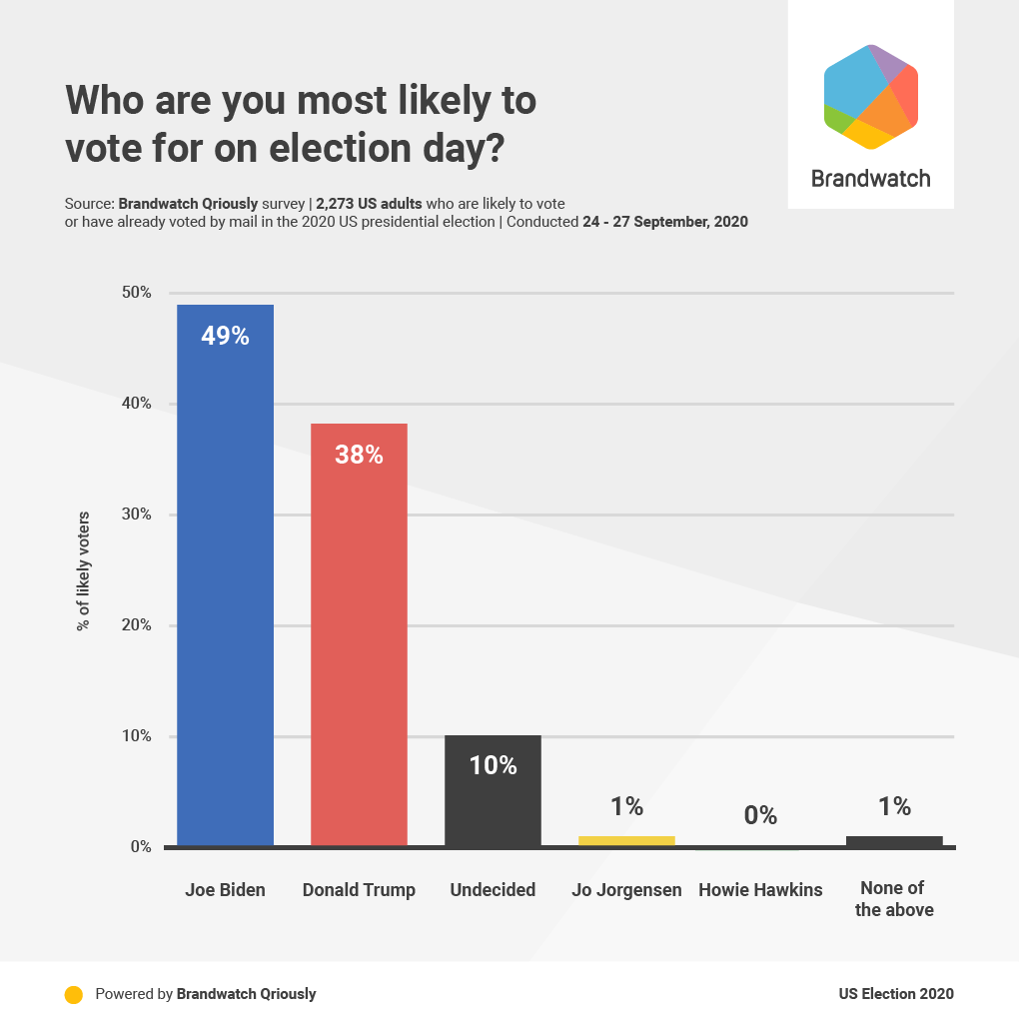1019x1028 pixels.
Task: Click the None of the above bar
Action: point(894,841)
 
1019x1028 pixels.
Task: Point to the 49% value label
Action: point(225,336)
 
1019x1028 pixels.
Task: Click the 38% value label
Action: point(359,456)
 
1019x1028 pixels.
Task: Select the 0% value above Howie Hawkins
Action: point(760,815)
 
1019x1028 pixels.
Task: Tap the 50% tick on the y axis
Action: point(136,293)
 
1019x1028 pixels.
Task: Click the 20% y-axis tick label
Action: point(136,625)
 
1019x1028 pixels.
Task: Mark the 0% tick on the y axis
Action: point(140,847)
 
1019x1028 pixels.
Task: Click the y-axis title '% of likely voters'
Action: point(84,571)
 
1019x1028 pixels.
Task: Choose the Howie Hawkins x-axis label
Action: point(760,889)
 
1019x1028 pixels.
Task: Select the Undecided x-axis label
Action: point(493,889)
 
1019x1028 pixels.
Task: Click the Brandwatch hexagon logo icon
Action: point(871,96)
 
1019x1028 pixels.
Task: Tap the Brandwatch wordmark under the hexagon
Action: point(870,179)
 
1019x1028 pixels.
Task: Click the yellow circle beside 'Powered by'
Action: point(73,994)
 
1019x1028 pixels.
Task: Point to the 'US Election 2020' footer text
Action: point(896,994)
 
